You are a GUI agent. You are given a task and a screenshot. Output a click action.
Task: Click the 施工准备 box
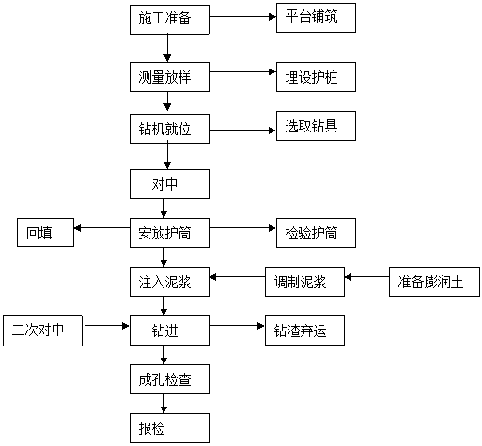169,20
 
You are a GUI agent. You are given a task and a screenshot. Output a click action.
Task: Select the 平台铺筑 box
316,18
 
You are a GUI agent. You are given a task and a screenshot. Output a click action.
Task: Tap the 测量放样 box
169,77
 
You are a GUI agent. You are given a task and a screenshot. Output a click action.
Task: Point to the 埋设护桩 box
316,77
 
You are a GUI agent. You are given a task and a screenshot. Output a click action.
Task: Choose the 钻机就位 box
169,129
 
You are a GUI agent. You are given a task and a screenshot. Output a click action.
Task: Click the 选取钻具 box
316,126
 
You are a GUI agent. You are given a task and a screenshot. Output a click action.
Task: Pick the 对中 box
169,184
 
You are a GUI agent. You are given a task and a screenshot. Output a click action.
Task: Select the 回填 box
45,233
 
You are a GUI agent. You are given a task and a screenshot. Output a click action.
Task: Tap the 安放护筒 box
169,233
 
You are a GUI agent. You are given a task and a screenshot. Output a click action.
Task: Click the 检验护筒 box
316,233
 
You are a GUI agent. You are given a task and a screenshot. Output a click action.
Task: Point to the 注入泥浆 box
169,282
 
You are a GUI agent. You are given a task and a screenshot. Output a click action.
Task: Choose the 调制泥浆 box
304,282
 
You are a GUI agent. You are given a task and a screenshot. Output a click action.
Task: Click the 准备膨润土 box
434,282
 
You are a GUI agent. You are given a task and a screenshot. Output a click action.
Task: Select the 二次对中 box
42,331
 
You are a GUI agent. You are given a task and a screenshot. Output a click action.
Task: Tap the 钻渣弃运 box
304,331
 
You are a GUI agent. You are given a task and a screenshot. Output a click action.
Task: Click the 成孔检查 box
169,379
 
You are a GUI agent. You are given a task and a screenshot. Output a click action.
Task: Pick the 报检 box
169,428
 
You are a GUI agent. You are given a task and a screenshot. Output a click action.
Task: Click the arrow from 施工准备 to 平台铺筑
242,17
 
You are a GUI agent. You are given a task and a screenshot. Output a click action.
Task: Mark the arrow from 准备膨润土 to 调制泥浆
366,277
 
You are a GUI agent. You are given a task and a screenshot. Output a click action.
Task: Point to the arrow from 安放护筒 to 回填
101,228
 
